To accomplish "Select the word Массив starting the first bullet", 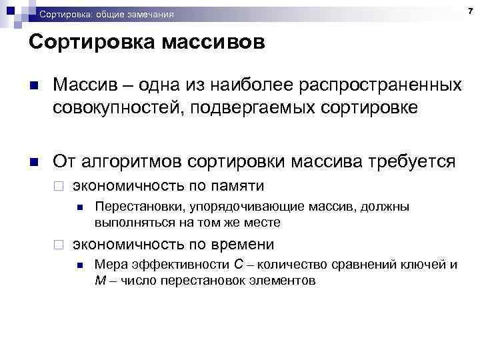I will (85, 85).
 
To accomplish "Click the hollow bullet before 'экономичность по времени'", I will (59, 245).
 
